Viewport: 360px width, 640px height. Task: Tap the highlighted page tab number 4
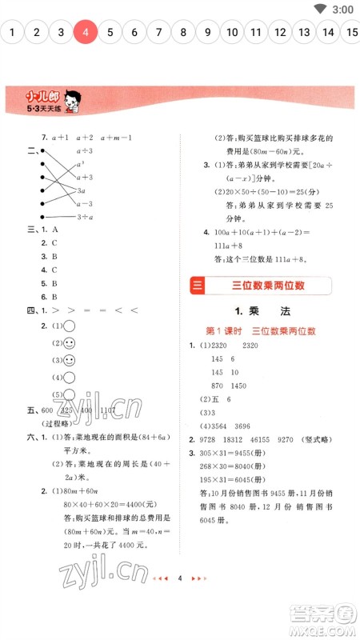click(x=85, y=33)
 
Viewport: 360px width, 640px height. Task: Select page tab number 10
click(x=232, y=33)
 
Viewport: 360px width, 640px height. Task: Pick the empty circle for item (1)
click(x=69, y=326)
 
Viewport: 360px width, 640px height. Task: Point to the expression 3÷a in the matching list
click(x=85, y=217)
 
